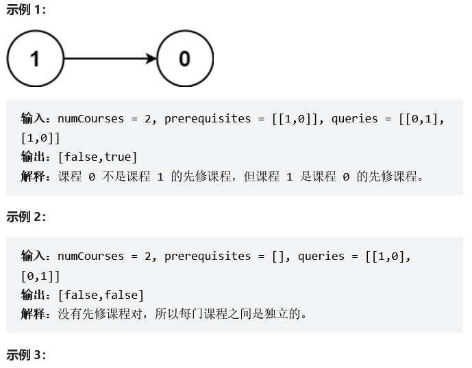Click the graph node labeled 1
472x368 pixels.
[35, 59]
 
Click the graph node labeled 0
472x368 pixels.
[185, 59]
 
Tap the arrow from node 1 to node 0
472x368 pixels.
[110, 59]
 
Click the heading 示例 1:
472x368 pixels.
[27, 12]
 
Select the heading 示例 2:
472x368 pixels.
[27, 217]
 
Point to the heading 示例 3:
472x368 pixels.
[27, 355]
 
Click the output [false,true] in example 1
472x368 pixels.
[98, 157]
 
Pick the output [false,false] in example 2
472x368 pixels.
[101, 295]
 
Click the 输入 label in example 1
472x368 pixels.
[34, 119]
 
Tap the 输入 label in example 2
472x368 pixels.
[34, 257]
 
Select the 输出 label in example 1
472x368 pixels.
[34, 157]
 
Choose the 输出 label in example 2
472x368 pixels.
[34, 295]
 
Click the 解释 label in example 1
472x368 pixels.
[34, 176]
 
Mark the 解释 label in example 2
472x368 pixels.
[34, 314]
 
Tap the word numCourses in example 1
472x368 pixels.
[91, 119]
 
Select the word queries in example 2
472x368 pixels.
[321, 257]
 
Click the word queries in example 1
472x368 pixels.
[354, 119]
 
